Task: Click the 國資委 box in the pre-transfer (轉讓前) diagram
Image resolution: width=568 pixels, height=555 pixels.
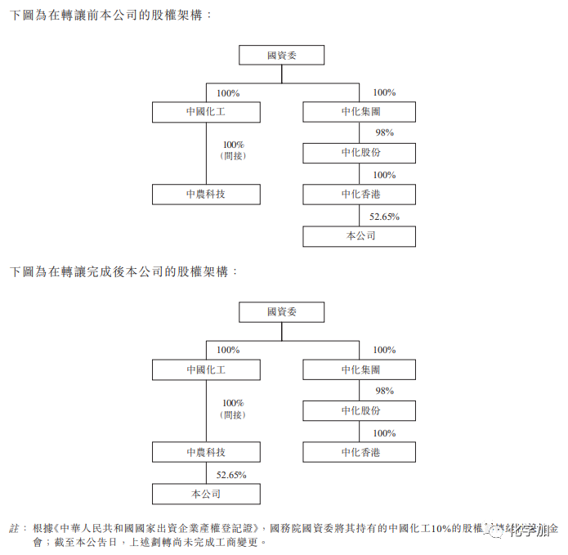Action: click(x=281, y=56)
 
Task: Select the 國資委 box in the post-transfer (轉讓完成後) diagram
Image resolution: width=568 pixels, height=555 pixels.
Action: click(x=281, y=312)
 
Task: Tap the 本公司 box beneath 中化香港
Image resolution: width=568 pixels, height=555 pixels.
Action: click(x=359, y=236)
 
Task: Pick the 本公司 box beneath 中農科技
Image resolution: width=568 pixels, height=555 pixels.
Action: click(x=206, y=494)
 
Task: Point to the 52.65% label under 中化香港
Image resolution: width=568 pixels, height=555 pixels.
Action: click(x=383, y=217)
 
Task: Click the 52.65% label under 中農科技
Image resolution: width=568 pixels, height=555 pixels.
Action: click(x=231, y=474)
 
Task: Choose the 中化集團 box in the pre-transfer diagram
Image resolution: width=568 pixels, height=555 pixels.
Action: click(x=359, y=111)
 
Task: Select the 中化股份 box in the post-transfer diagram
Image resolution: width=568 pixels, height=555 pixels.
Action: click(x=359, y=410)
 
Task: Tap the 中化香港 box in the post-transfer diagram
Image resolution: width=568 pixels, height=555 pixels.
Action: click(x=359, y=452)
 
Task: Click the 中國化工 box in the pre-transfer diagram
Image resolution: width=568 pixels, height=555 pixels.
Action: click(x=206, y=111)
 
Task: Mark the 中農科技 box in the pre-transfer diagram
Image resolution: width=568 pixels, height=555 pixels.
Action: click(x=206, y=195)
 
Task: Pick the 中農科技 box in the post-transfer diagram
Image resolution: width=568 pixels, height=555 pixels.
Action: click(x=206, y=452)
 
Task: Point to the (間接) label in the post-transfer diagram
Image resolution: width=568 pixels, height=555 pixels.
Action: click(x=233, y=414)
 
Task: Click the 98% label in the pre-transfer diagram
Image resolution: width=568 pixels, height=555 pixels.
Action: click(x=384, y=132)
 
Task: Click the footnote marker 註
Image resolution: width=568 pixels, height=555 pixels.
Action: click(x=14, y=527)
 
